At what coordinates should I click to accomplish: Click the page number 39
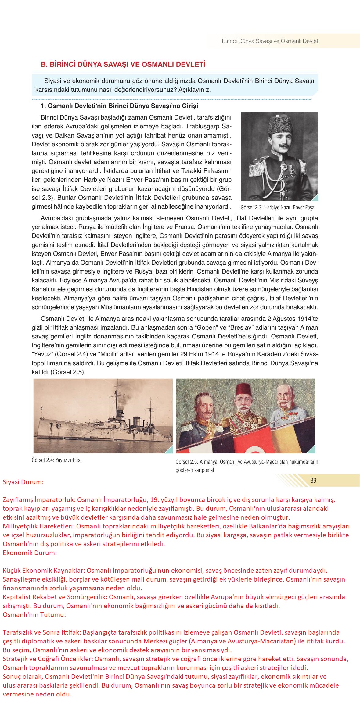click(313, 481)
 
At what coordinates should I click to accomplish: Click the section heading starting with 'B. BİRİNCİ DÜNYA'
click(123, 65)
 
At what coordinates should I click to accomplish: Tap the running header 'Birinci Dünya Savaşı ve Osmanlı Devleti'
click(270, 41)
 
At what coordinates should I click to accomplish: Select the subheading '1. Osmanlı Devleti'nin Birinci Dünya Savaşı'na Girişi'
click(119, 106)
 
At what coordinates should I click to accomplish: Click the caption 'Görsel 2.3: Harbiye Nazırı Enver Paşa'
click(277, 208)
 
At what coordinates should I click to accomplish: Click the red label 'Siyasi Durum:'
click(23, 482)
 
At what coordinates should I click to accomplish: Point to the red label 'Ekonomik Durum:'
click(30, 553)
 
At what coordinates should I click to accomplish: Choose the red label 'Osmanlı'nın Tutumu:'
click(34, 614)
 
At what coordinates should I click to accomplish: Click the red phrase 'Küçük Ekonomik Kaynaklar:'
click(43, 570)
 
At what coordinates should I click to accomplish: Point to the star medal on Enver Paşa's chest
click(284, 167)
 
